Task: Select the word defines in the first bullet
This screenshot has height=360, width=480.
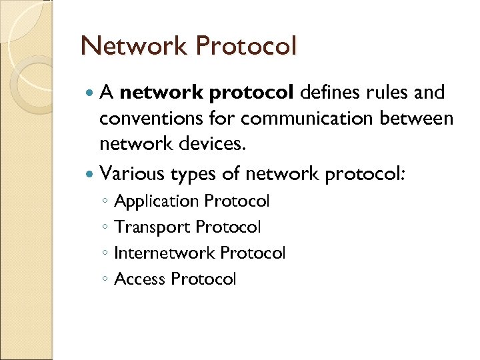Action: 332,94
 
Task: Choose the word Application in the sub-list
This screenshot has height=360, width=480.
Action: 157,201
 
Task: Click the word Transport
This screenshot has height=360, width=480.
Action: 152,227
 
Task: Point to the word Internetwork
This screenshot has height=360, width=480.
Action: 165,253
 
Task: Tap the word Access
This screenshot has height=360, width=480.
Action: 140,279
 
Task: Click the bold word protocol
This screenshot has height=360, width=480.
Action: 251,94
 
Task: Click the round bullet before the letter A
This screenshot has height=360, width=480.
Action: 90,94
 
